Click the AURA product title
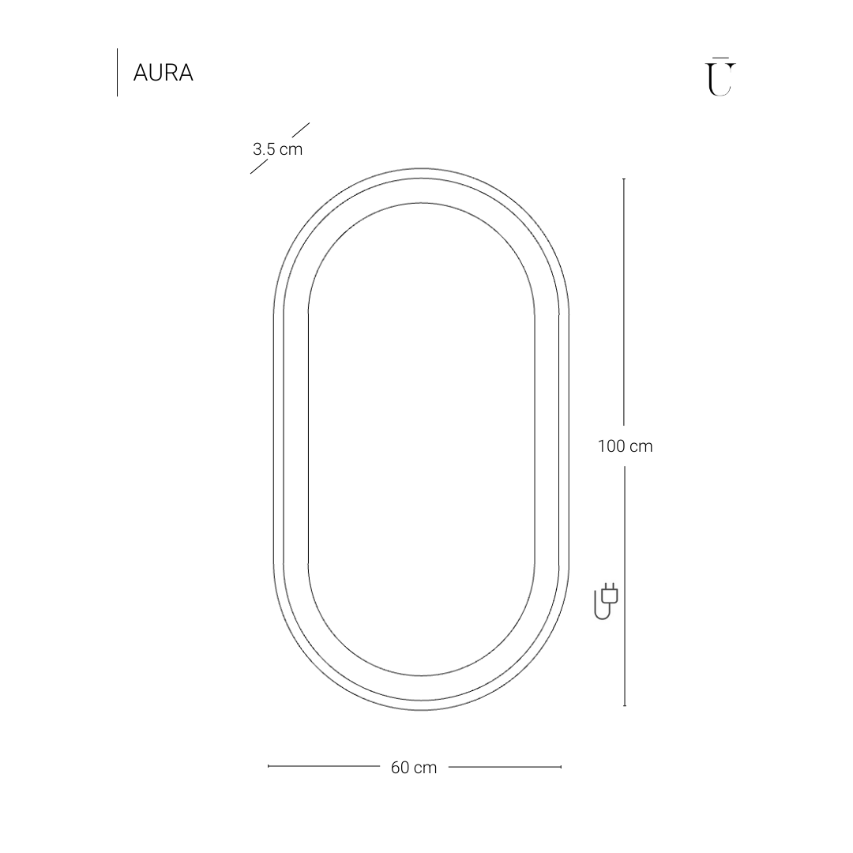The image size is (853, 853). tap(163, 73)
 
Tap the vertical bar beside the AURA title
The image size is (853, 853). tap(117, 73)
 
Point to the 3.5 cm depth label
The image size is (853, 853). tap(277, 148)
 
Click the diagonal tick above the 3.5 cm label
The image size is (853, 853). tap(300, 129)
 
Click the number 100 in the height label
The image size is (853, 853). tap(611, 446)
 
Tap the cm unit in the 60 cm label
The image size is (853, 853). tap(425, 768)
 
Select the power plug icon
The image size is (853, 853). tap(606, 601)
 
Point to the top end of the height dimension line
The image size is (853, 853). tap(624, 179)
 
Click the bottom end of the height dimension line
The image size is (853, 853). tap(625, 705)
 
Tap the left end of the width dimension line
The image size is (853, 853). tap(269, 766)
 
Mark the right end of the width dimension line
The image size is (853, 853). tap(561, 766)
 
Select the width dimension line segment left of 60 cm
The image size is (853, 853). tap(324, 766)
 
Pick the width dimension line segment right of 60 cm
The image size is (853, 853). tap(505, 766)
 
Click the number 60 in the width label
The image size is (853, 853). tap(400, 768)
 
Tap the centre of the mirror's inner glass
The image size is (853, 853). tap(421, 439)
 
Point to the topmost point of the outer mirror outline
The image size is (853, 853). tap(421, 168)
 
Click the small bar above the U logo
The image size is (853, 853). tap(720, 58)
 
